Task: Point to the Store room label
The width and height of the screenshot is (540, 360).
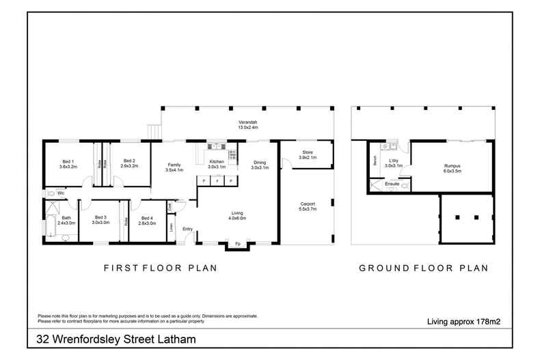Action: pyautogui.click(x=305, y=154)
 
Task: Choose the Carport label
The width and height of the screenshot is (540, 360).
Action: pyautogui.click(x=307, y=206)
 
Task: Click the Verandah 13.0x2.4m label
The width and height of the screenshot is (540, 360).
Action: pyautogui.click(x=247, y=124)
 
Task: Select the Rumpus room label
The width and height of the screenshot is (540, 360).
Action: pyautogui.click(x=451, y=167)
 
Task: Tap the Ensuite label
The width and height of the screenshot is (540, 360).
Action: pyautogui.click(x=392, y=184)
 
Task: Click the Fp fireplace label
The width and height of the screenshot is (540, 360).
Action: pyautogui.click(x=238, y=244)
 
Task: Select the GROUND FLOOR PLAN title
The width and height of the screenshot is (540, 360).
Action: pyautogui.click(x=424, y=268)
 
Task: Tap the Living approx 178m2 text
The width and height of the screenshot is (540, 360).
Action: pyautogui.click(x=464, y=320)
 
